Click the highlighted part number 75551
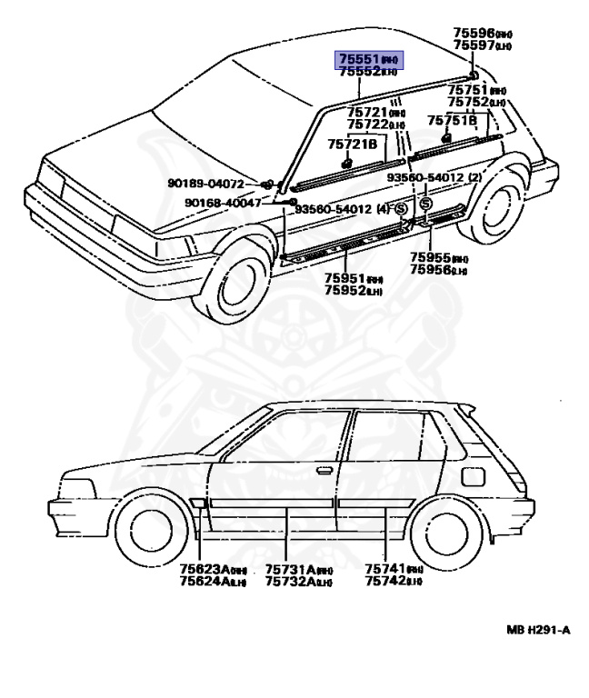[361, 58]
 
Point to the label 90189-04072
[206, 184]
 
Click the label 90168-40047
[223, 203]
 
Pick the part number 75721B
[352, 144]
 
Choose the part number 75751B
[453, 119]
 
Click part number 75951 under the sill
[345, 278]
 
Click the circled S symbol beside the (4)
[401, 208]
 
